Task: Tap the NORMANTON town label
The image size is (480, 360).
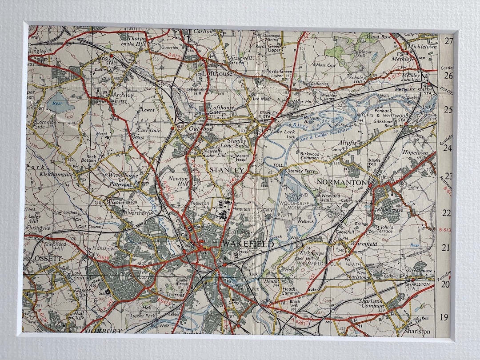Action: click(x=341, y=182)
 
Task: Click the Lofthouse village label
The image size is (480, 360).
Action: click(x=217, y=74)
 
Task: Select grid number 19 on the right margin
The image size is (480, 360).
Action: click(x=444, y=317)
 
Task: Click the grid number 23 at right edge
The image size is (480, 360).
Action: click(x=448, y=176)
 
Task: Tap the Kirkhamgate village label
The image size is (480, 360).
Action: click(x=57, y=176)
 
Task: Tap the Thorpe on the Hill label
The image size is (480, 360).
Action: click(x=132, y=40)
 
